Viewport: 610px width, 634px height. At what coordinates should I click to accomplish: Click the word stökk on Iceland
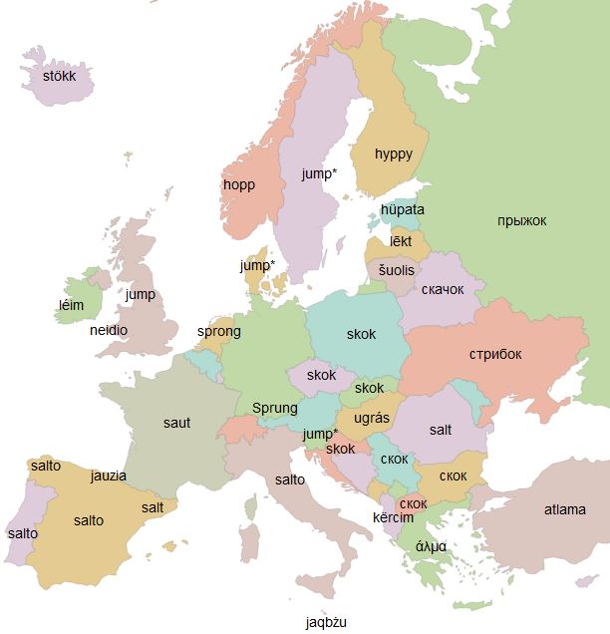click(60, 75)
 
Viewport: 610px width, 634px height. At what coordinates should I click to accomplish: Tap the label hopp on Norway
click(239, 184)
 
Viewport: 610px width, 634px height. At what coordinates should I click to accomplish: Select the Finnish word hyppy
click(393, 154)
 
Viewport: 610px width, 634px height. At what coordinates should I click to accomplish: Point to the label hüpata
click(402, 209)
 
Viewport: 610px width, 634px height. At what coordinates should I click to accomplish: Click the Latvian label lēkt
click(401, 241)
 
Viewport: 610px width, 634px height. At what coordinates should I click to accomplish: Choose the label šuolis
click(395, 270)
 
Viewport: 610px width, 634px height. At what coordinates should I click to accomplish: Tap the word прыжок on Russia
click(521, 220)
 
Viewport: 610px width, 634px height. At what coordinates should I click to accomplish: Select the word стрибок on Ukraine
click(495, 354)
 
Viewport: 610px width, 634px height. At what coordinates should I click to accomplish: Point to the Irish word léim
click(72, 305)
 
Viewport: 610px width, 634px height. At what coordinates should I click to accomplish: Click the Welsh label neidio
click(108, 330)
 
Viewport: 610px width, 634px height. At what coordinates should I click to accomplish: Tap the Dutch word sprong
click(218, 331)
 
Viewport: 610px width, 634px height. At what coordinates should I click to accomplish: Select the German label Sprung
click(275, 408)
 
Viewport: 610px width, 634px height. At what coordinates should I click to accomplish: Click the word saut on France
click(176, 423)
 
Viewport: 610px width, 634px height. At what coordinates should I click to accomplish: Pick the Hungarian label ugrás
click(372, 418)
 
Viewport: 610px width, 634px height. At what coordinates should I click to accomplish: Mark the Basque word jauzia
click(108, 475)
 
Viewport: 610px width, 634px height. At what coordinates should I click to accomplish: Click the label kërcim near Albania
click(393, 518)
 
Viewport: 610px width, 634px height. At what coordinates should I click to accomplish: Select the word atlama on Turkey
click(564, 509)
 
